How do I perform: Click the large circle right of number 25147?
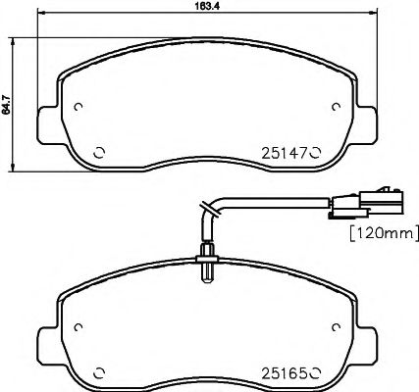coord(316,151)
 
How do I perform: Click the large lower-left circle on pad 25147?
coord(97,151)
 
